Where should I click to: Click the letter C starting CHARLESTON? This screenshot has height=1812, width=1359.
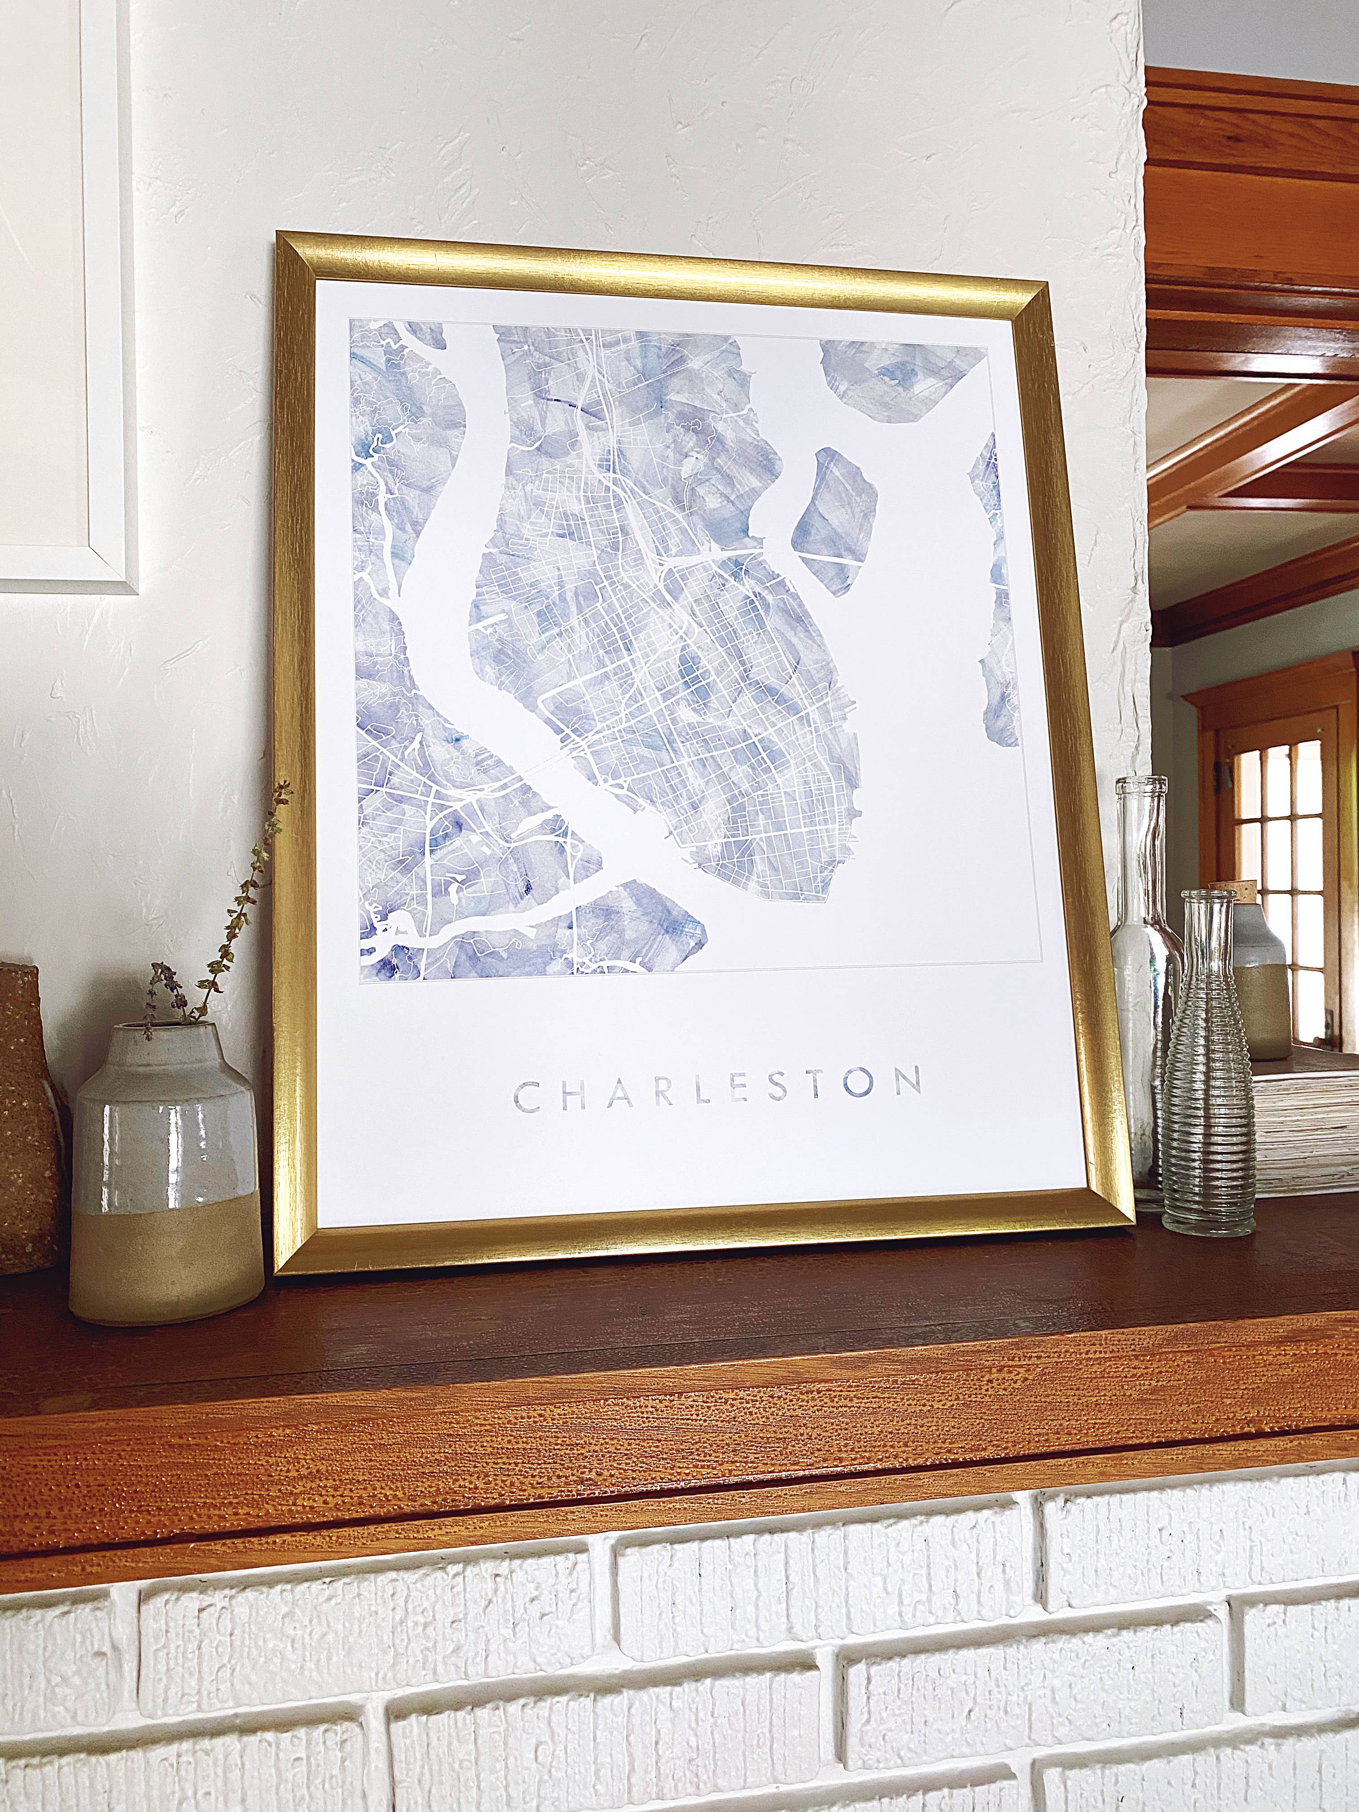[x=527, y=1098]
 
